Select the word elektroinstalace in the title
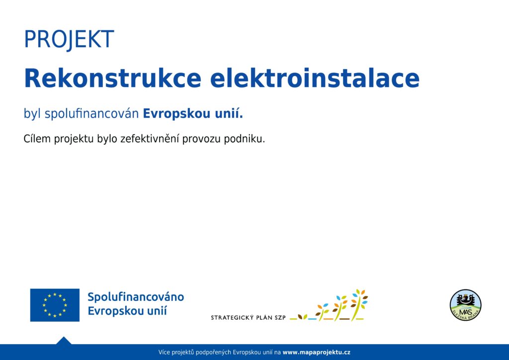315,78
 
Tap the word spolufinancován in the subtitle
91,113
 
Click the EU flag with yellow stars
55,305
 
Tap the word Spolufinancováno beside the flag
136,297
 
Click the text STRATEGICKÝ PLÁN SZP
248,317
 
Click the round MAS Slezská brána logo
465,305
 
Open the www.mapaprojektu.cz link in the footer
317,352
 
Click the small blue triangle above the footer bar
64,341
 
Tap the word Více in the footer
164,352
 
